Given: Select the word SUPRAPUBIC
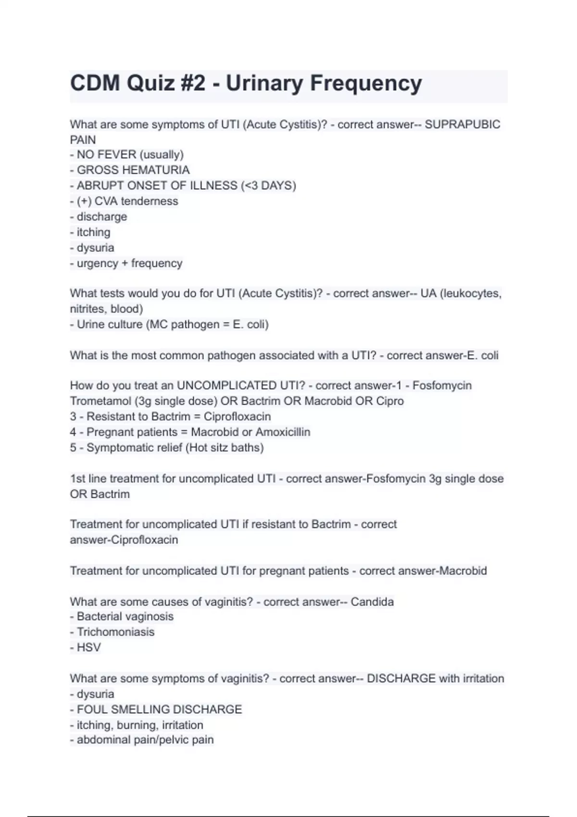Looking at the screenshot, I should click(463, 124).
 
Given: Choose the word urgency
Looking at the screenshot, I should click(97, 263).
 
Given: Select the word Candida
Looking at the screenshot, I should click(372, 602).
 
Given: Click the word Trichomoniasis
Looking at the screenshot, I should click(115, 632).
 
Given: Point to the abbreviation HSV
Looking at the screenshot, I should click(89, 648).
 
